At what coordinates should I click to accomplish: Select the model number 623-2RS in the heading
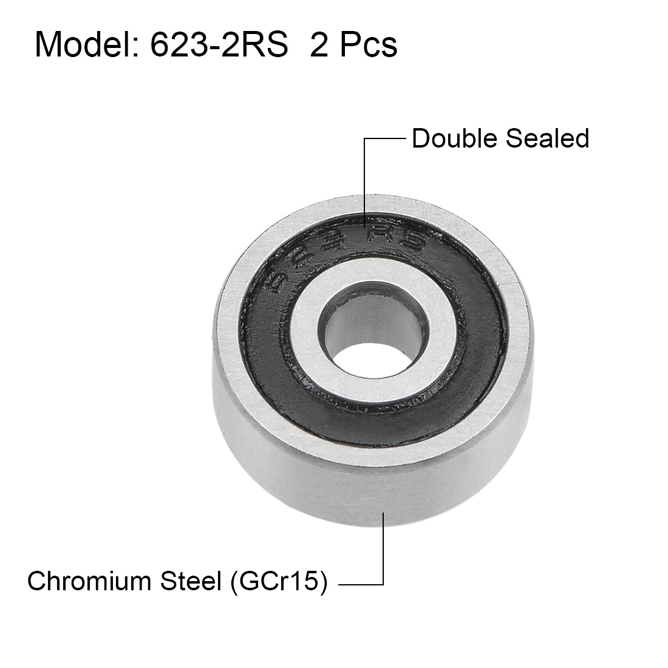click(x=220, y=45)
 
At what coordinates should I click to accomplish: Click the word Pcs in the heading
click(x=369, y=45)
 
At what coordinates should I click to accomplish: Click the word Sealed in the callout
click(x=548, y=138)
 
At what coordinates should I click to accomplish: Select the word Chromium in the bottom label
click(x=89, y=581)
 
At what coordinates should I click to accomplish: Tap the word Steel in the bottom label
click(x=191, y=581)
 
